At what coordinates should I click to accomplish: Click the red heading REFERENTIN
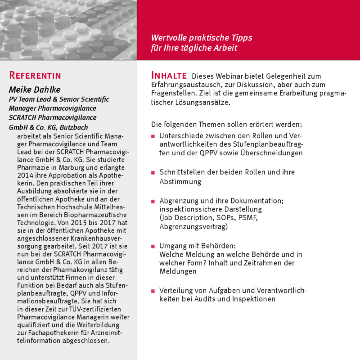coord(35,75)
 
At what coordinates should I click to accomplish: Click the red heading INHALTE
coord(169,75)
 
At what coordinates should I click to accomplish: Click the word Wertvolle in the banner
coord(169,37)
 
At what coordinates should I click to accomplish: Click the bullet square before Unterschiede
coord(153,136)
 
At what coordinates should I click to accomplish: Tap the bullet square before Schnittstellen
coord(153,173)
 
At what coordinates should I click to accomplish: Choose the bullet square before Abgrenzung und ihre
coord(153,201)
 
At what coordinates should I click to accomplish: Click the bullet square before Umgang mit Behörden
coord(153,246)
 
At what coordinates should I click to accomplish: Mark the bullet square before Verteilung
coord(153,291)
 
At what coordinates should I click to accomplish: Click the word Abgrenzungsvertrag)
coord(193,227)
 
